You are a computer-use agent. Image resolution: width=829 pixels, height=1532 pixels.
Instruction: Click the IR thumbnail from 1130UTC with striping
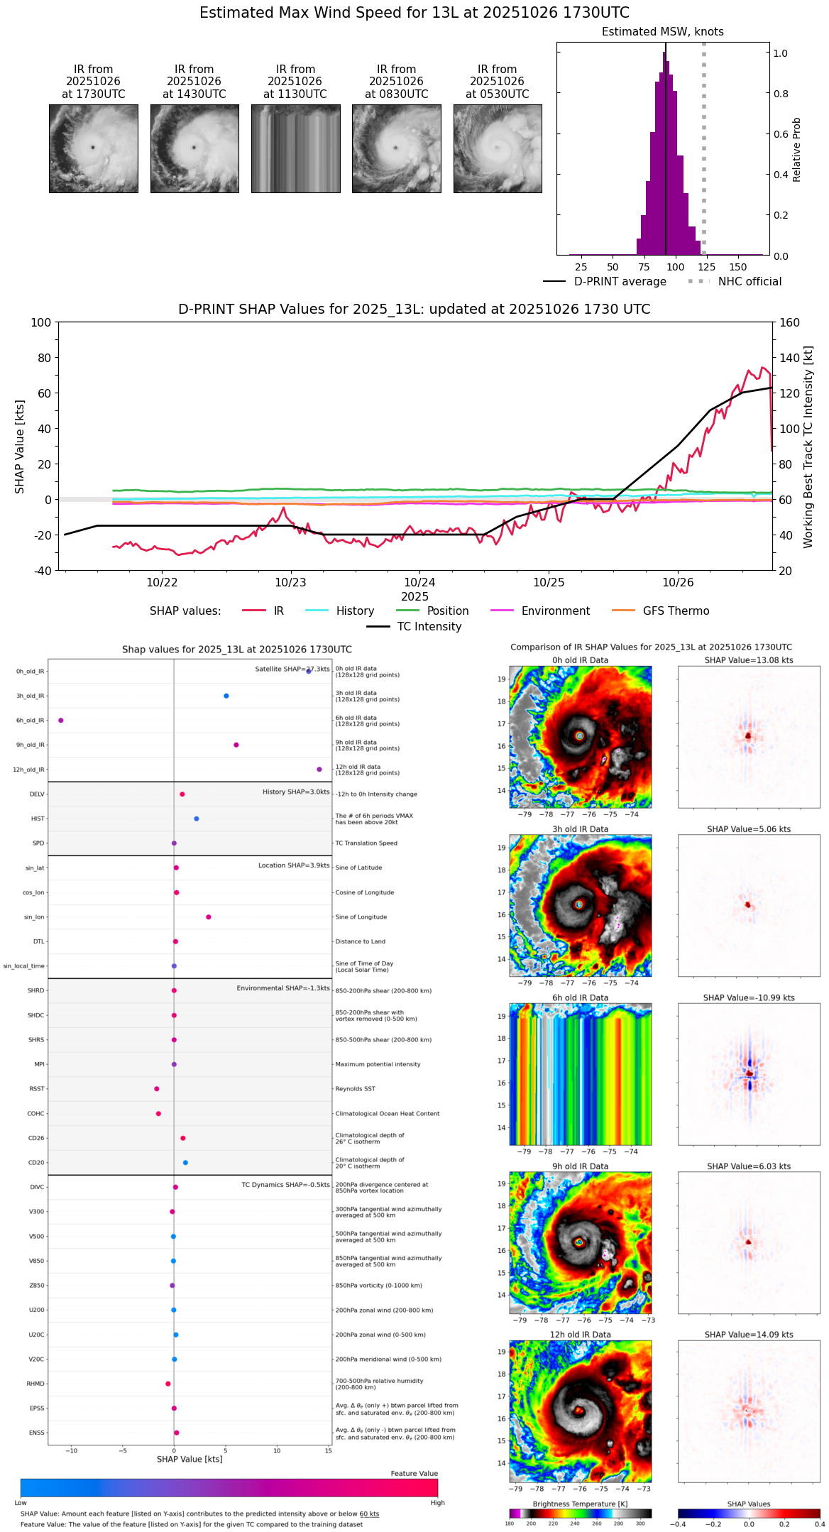[295, 148]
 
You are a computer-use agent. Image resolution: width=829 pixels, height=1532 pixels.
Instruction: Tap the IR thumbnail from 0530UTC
[498, 148]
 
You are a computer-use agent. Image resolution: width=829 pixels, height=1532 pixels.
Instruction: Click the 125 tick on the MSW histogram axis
[706, 267]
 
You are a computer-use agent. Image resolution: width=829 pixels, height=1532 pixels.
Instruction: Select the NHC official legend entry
[750, 282]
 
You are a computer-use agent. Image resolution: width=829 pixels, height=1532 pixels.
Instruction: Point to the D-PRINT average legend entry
[620, 282]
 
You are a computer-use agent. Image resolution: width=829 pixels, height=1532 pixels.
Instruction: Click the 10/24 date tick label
[419, 582]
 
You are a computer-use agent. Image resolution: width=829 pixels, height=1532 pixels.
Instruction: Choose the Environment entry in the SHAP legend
[555, 611]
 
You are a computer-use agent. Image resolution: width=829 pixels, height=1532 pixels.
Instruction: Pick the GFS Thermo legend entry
[676, 611]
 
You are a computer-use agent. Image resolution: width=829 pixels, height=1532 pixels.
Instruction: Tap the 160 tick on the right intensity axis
[790, 322]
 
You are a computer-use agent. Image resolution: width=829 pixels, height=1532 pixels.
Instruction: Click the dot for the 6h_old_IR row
[61, 720]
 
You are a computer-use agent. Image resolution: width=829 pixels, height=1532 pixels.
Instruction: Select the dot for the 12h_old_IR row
[319, 769]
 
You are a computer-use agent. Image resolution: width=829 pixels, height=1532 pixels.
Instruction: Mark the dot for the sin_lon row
[209, 917]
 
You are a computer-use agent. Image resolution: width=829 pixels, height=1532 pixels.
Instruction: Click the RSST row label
[37, 1088]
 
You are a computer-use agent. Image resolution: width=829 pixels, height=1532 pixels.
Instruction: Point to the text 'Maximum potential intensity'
[378, 1064]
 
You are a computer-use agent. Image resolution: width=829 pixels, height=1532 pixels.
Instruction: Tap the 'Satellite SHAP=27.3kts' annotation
[292, 669]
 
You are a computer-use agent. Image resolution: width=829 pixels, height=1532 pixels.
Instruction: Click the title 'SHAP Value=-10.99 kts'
[749, 997]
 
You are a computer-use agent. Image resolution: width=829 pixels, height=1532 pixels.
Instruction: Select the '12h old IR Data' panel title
[580, 1335]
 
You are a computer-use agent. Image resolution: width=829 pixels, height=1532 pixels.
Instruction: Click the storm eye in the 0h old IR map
[580, 735]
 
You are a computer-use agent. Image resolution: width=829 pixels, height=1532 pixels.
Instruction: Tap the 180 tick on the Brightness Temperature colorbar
[510, 1523]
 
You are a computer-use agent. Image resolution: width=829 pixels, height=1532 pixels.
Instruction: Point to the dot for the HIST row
[197, 819]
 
